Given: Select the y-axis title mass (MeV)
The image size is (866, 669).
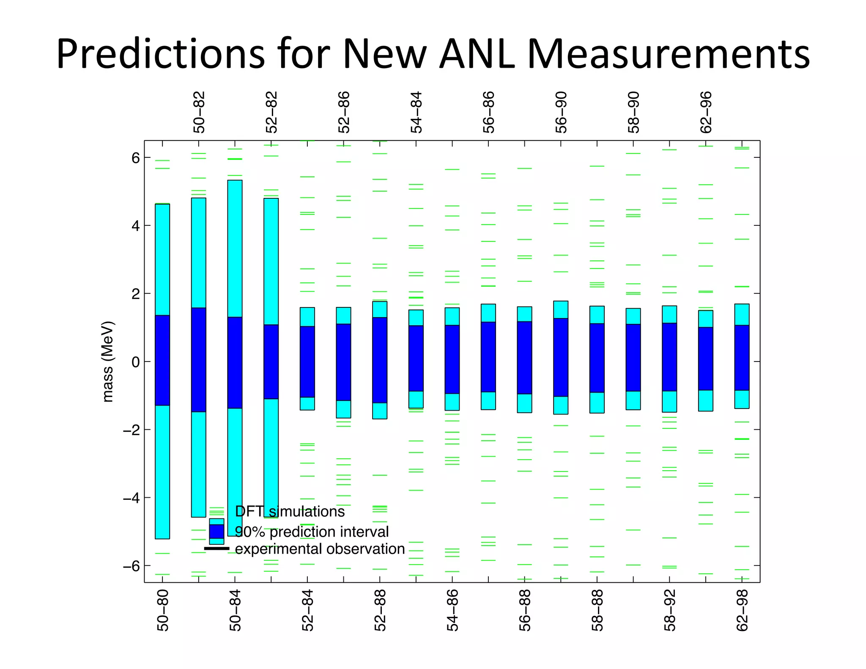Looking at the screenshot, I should click(108, 362).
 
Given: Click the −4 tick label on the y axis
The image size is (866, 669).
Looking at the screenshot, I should click(131, 498).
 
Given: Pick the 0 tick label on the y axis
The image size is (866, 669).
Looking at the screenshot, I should click(135, 362).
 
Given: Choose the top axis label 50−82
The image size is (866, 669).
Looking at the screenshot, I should click(199, 112).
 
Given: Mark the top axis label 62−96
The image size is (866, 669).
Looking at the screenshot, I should click(706, 112).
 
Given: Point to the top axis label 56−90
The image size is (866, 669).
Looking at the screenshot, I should click(561, 112).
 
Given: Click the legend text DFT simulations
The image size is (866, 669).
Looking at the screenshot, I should click(290, 512).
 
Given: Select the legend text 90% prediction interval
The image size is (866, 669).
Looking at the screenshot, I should click(312, 532).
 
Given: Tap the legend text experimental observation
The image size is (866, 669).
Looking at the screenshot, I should click(320, 549).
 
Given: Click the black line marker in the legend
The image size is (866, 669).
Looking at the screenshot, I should click(216, 548).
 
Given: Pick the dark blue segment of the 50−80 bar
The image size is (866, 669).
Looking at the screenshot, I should click(162, 360).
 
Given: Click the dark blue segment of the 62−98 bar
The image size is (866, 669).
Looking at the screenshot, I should click(742, 358).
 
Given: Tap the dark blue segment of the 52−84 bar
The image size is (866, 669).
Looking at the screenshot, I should click(307, 362).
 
